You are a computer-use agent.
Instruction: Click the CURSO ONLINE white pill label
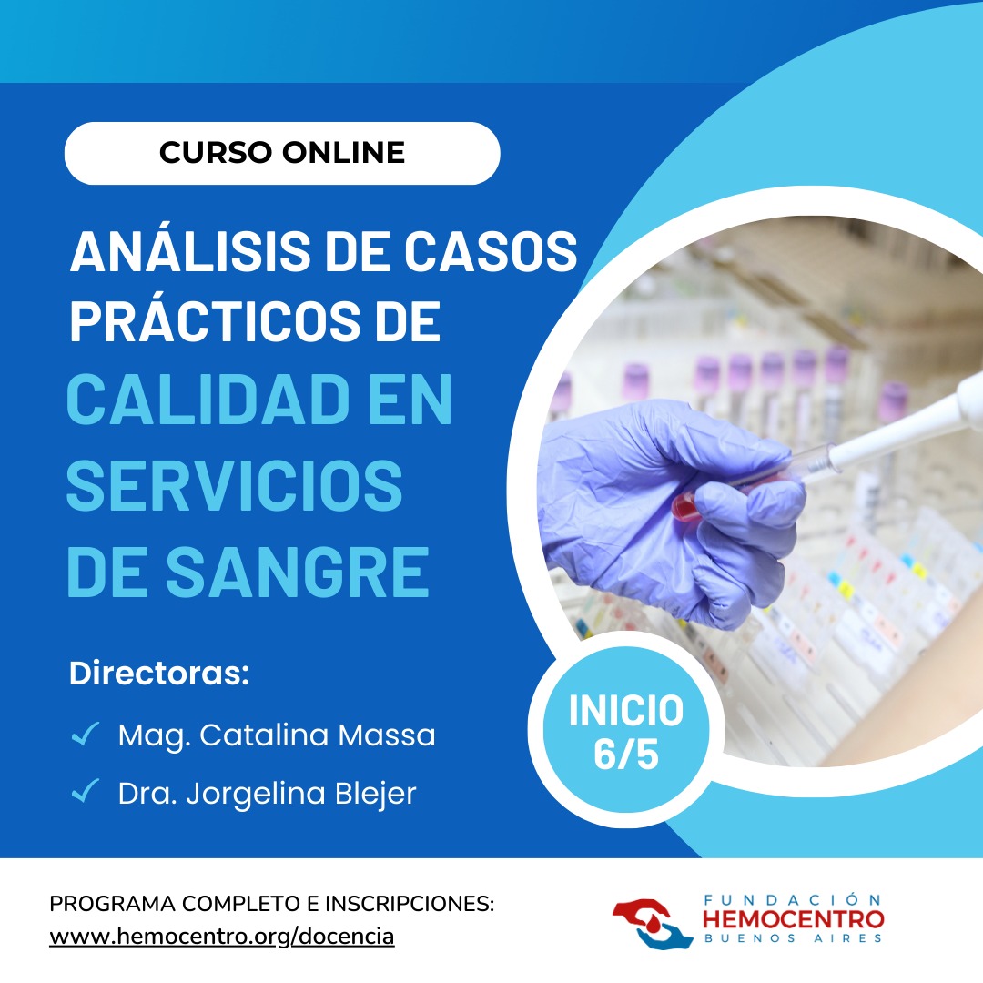(282, 153)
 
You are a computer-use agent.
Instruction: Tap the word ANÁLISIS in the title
(190, 251)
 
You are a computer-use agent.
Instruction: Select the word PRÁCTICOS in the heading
(215, 320)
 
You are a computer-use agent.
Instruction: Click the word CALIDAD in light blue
(208, 400)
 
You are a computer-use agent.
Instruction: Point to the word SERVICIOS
(234, 486)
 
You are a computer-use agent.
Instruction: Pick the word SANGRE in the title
(297, 572)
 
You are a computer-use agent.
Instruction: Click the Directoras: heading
(159, 674)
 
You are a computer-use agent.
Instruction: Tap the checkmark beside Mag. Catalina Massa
(86, 734)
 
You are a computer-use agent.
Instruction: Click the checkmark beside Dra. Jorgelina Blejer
(86, 791)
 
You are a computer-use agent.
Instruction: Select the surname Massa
(386, 735)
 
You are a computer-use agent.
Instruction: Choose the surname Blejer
(376, 794)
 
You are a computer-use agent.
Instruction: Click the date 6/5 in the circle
(625, 755)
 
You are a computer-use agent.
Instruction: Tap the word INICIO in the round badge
(625, 710)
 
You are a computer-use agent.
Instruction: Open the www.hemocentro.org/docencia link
(222, 936)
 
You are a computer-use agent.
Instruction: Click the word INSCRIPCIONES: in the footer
(410, 904)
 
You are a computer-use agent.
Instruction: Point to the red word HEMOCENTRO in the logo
(793, 919)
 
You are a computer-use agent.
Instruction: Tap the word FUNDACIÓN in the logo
(793, 900)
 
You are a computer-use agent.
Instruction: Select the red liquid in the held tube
(687, 507)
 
